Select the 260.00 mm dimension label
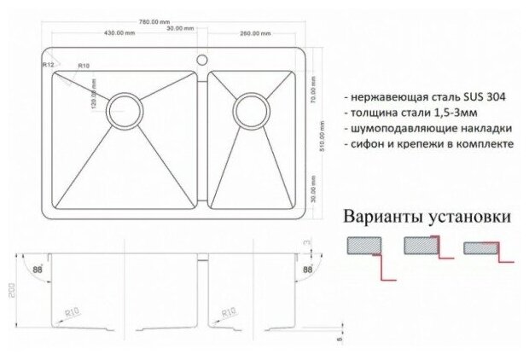(x=255, y=33)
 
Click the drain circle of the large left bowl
(x=125, y=110)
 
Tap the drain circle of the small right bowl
(x=251, y=108)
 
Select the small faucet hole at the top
(x=203, y=61)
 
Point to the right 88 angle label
(x=307, y=270)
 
